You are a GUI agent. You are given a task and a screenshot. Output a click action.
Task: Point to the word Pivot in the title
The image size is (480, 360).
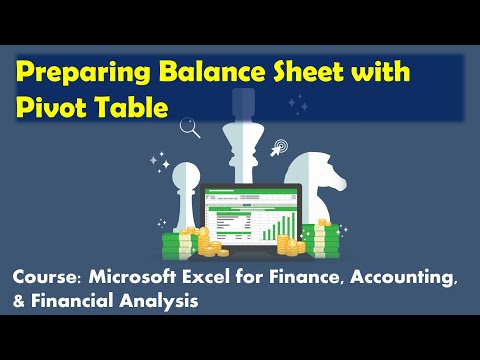[x=47, y=106]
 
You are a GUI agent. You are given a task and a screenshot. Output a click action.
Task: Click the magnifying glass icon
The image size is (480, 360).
[x=187, y=127]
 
